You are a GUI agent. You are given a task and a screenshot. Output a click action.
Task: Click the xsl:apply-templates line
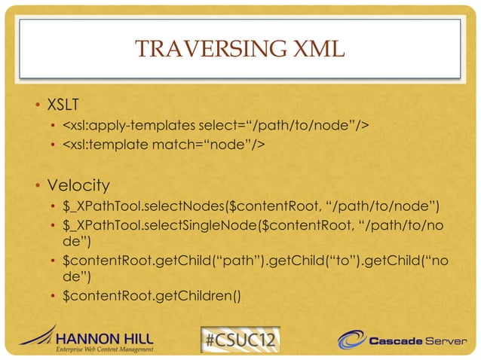point(216,124)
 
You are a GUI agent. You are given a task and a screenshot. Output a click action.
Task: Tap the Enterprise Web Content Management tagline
point(105,349)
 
